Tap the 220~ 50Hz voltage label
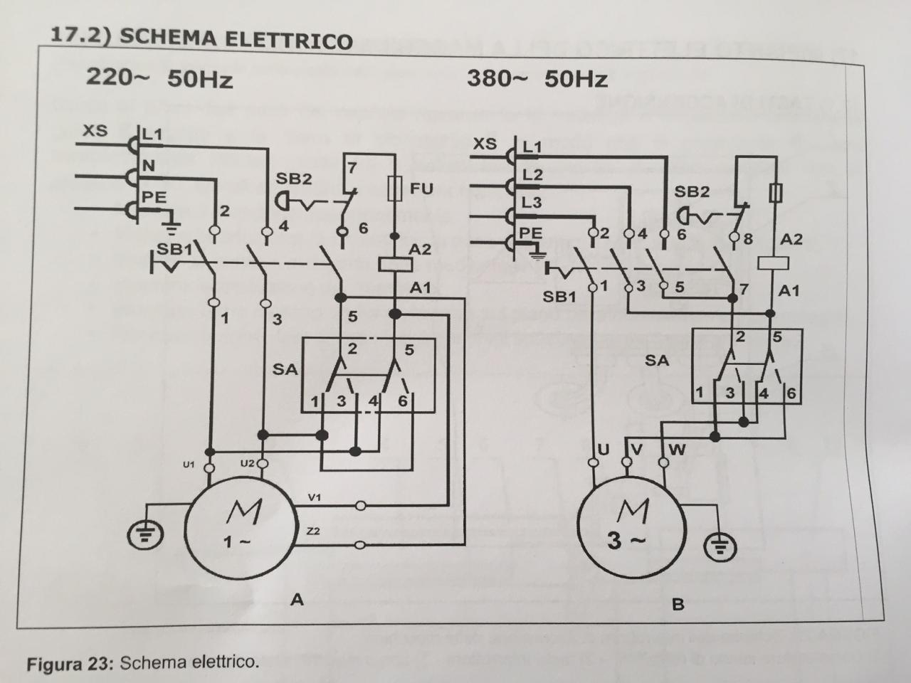click(x=159, y=77)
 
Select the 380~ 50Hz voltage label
click(x=537, y=78)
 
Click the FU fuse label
click(x=421, y=189)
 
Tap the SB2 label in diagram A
click(x=294, y=179)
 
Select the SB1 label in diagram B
click(x=559, y=296)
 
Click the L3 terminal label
click(x=531, y=203)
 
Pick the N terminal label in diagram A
click(x=149, y=166)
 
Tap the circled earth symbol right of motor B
click(x=720, y=547)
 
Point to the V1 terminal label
click(x=314, y=497)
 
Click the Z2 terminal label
click(x=313, y=531)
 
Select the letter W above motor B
click(x=677, y=450)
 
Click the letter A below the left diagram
click(x=297, y=600)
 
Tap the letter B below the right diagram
click(x=678, y=605)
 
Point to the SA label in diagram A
click(x=285, y=369)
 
